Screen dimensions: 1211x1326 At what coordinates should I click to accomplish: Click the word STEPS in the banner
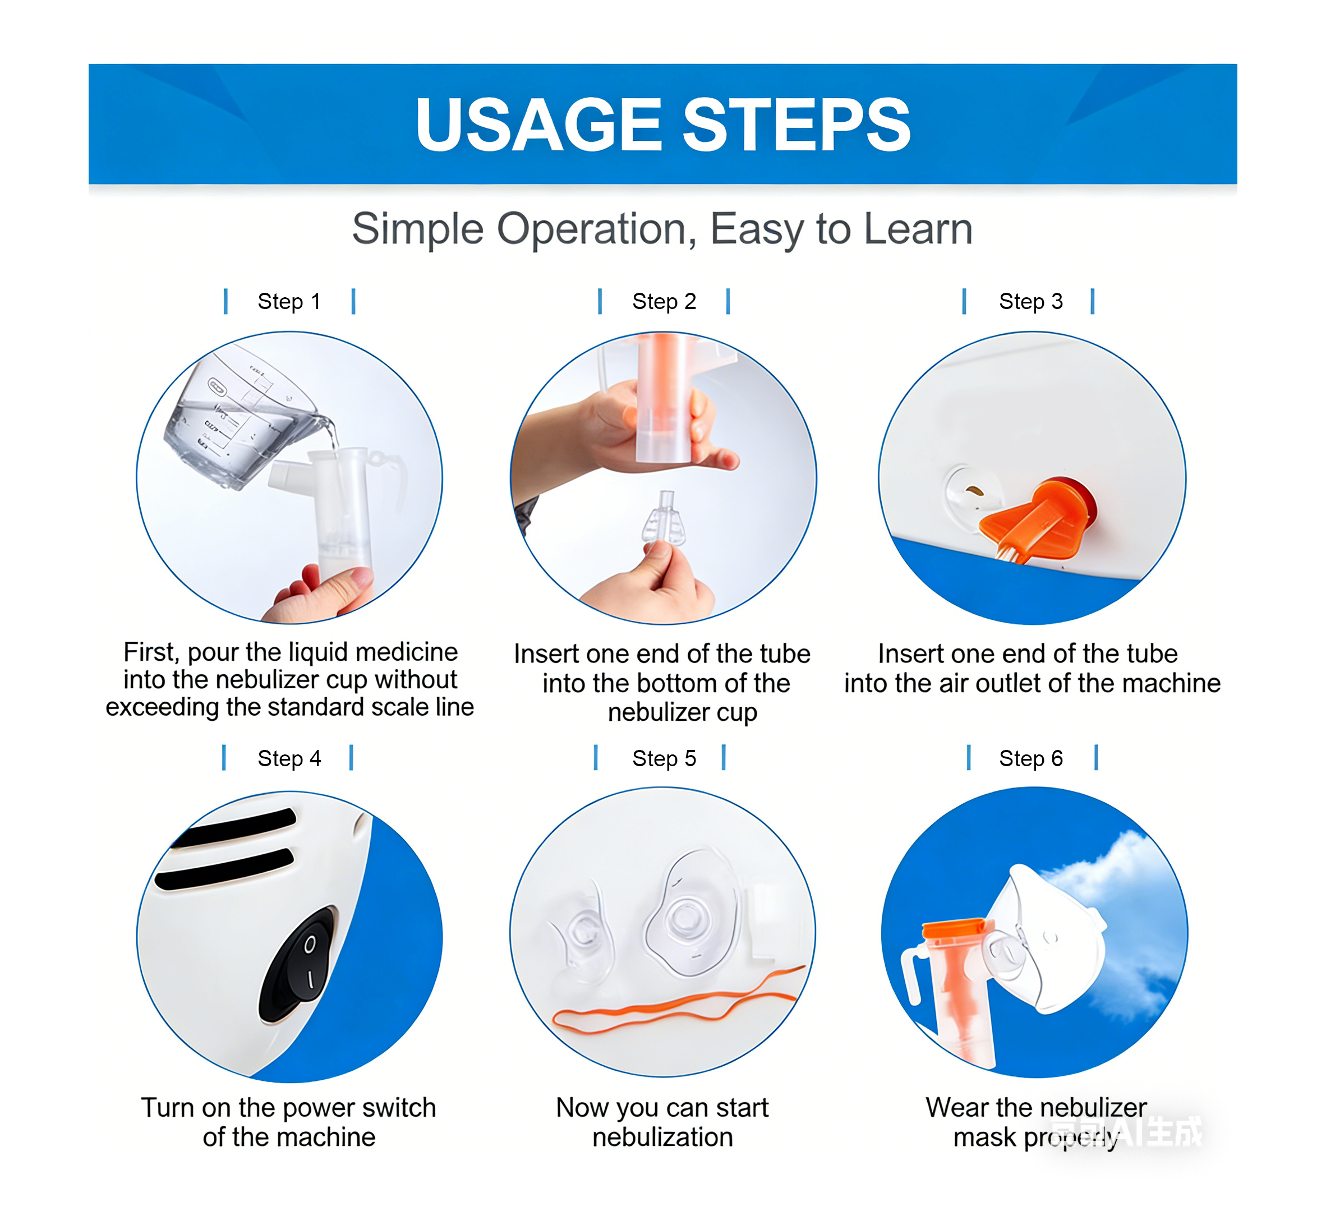click(796, 125)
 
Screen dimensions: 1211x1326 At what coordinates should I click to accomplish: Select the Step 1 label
click(289, 301)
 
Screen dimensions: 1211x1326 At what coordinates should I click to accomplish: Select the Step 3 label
click(1030, 301)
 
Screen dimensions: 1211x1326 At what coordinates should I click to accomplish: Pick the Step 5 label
click(663, 758)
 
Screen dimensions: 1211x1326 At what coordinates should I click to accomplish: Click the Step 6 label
click(1030, 758)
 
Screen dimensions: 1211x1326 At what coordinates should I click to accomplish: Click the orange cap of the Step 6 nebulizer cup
click(954, 929)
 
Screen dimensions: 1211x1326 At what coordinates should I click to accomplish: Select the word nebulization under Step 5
click(662, 1138)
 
